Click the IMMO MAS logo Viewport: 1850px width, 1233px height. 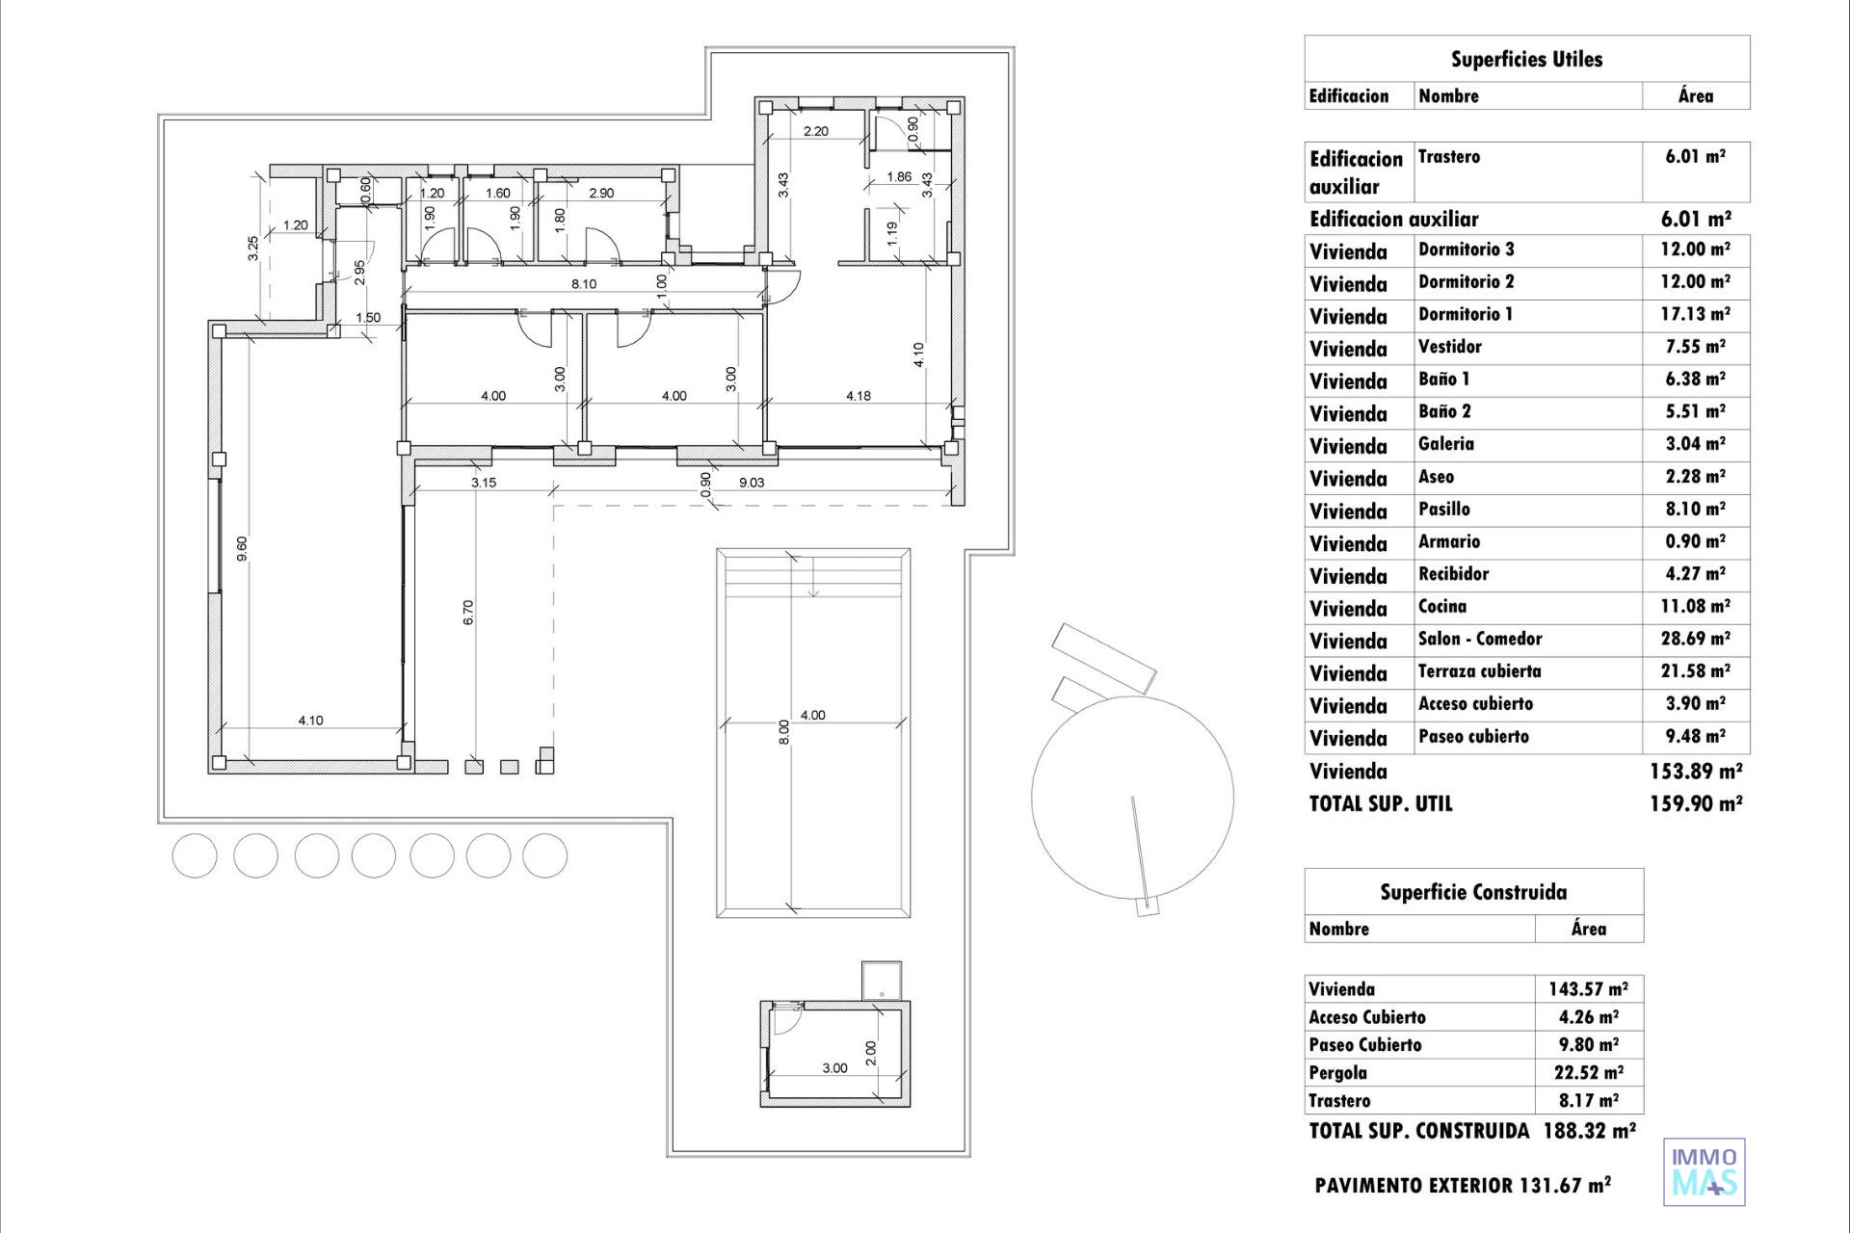[x=1705, y=1171]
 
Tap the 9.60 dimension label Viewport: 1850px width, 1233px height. [x=242, y=549]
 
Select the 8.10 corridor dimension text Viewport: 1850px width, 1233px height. [x=584, y=284]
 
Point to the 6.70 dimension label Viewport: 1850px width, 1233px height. [x=468, y=613]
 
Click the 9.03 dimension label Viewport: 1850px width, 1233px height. [x=752, y=483]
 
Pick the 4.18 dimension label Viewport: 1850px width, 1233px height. [x=859, y=396]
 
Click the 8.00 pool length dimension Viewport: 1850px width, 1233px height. [x=784, y=732]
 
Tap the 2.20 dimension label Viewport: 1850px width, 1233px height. [x=816, y=131]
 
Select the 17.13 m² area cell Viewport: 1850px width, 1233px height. [x=1695, y=314]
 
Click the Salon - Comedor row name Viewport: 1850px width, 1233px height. [x=1480, y=639]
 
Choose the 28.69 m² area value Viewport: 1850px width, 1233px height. [x=1695, y=639]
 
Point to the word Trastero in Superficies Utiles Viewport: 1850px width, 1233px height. [x=1449, y=156]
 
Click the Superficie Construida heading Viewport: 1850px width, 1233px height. [x=1473, y=892]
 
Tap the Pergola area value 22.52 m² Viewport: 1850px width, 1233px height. [x=1589, y=1072]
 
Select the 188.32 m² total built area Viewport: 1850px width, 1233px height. [x=1590, y=1130]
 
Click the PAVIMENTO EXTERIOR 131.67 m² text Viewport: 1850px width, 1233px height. [x=1463, y=1186]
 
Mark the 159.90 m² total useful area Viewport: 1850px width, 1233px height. [x=1696, y=803]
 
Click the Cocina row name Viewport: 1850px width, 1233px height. [x=1442, y=606]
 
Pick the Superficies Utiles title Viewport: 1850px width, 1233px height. [x=1527, y=59]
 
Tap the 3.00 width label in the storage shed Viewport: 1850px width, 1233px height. [x=835, y=1068]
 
